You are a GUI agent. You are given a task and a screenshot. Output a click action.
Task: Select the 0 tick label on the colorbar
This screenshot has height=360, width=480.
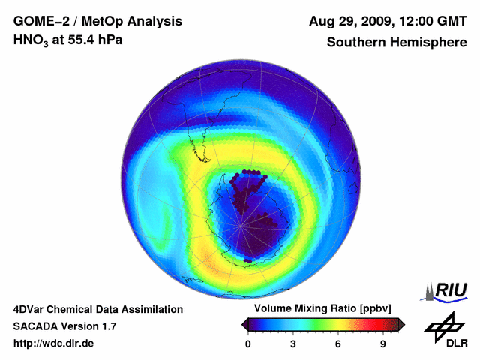pyautogui.click(x=248, y=344)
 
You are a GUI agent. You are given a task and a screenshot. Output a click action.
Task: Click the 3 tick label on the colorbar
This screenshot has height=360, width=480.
pyautogui.click(x=293, y=344)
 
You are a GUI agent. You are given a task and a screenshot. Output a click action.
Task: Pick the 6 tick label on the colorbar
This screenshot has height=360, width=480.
pyautogui.click(x=338, y=344)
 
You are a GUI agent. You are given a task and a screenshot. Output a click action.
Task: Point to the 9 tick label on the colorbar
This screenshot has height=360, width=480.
pyautogui.click(x=383, y=344)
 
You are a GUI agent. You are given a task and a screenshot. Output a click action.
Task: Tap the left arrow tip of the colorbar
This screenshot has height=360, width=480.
pyautogui.click(x=244, y=324)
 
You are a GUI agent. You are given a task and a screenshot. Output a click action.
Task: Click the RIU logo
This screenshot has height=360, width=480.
pyautogui.click(x=446, y=290)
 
